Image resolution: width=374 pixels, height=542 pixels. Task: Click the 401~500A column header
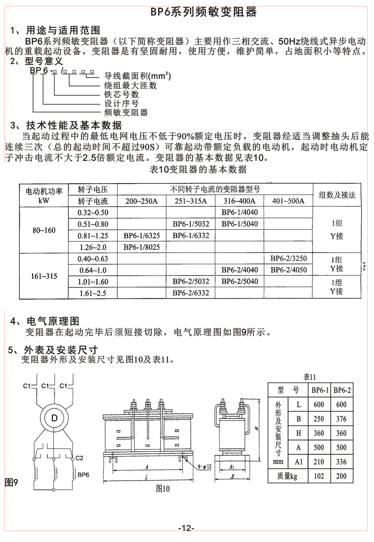(x=288, y=201)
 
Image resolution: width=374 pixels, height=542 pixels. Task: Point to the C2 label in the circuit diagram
(x=80, y=458)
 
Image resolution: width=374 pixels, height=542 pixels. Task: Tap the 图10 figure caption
(x=162, y=488)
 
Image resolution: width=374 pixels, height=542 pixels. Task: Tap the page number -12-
(x=186, y=528)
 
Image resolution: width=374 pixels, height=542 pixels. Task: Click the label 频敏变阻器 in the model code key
(x=126, y=113)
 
